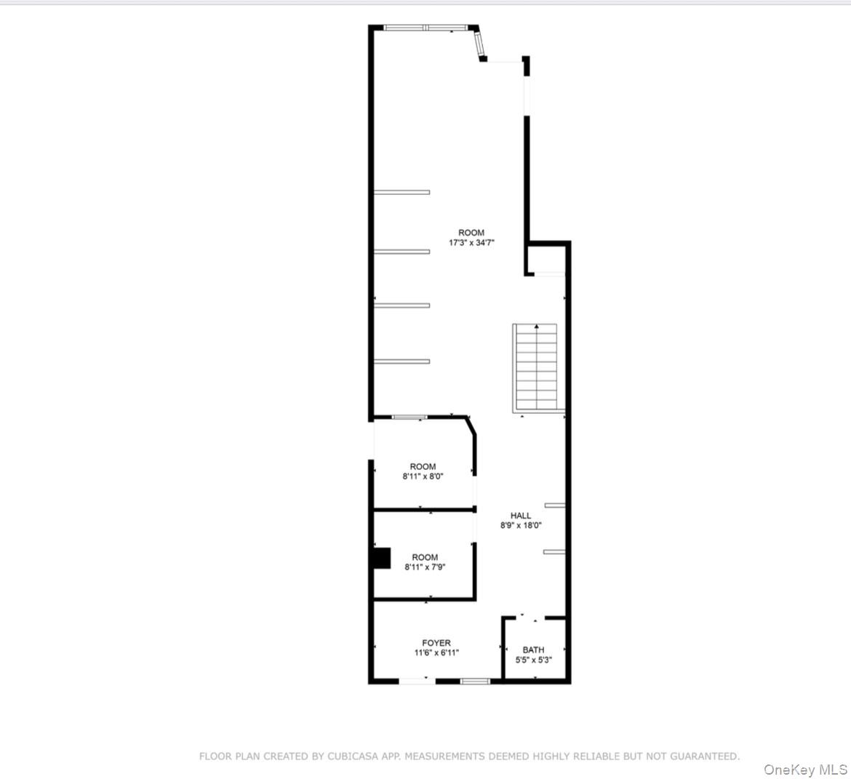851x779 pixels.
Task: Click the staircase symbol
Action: click(x=536, y=366)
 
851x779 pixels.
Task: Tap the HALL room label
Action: click(x=521, y=516)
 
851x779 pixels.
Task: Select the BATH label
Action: click(x=533, y=650)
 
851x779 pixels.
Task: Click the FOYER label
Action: click(x=436, y=643)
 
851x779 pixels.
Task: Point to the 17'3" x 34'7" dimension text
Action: click(x=471, y=243)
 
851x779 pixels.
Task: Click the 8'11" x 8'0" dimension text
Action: click(x=423, y=476)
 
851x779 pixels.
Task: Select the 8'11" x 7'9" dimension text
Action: click(x=425, y=567)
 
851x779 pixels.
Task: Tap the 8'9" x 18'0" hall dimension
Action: click(x=521, y=525)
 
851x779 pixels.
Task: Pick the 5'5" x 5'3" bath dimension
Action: click(x=533, y=660)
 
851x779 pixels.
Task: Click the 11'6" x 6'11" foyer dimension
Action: click(x=436, y=652)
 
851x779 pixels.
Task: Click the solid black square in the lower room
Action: click(x=381, y=558)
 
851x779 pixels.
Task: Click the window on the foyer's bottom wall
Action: click(x=476, y=682)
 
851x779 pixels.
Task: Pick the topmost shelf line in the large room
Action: click(x=401, y=192)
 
